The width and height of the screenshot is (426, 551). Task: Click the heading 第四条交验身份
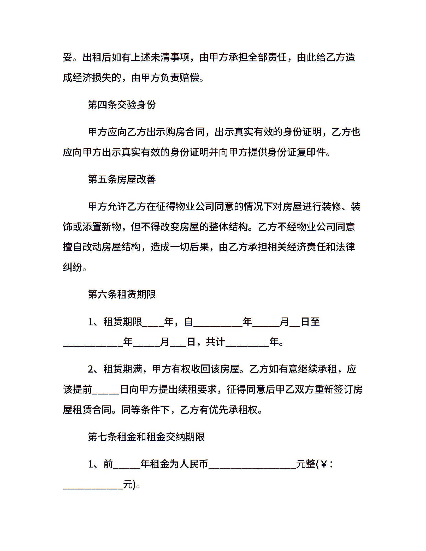point(122,105)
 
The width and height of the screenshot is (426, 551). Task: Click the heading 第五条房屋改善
point(122,179)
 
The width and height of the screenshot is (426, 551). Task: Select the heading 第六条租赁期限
point(122,295)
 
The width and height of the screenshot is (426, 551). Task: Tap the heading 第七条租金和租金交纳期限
point(146,437)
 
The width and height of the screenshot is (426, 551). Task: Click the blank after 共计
point(247,342)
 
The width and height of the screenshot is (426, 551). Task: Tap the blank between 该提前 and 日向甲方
point(106,390)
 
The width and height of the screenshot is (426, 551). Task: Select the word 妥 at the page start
point(68,57)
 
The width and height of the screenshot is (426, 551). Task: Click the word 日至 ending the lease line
point(310,322)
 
